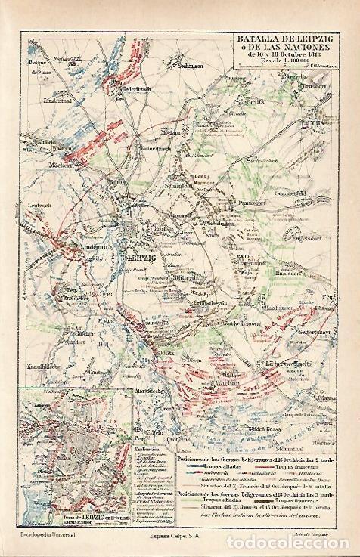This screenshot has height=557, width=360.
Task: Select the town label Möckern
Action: (40, 165)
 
